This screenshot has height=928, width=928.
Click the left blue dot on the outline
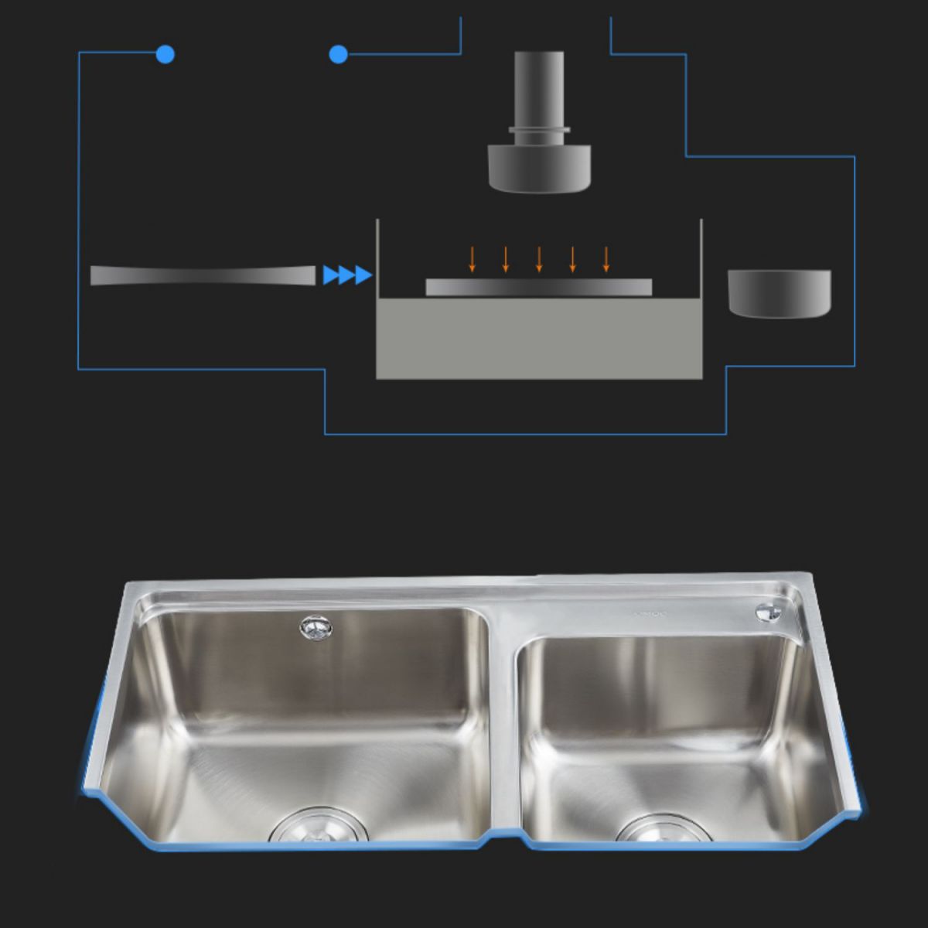(x=165, y=54)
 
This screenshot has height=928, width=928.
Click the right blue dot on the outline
(x=338, y=54)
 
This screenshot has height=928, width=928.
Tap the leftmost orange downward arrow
(x=473, y=259)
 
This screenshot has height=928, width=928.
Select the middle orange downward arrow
(x=539, y=259)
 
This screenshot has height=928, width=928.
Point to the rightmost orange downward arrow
(x=606, y=259)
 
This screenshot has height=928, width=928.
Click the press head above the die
(x=539, y=166)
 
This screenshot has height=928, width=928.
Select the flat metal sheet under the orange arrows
(x=539, y=287)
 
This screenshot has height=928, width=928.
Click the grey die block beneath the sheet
(x=539, y=340)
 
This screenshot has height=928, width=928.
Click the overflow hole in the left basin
(x=315, y=627)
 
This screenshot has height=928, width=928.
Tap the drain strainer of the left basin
(x=319, y=827)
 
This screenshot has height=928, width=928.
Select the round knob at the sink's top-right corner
(x=766, y=611)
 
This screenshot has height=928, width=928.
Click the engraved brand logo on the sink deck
(x=649, y=616)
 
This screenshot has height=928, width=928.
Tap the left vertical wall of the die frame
(x=377, y=259)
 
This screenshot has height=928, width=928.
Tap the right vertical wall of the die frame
(x=701, y=259)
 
